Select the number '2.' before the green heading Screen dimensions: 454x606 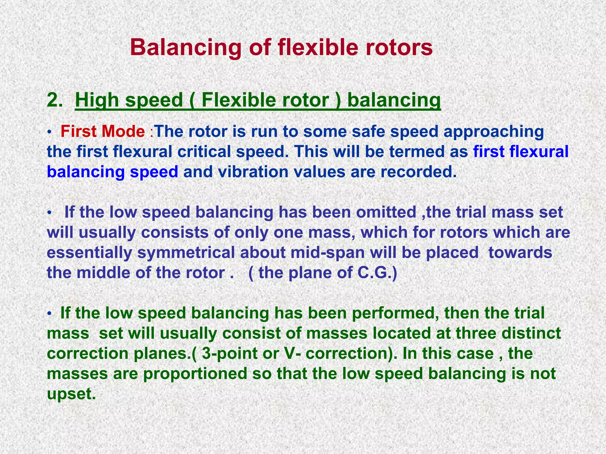point(55,100)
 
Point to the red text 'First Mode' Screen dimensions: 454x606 point(103,131)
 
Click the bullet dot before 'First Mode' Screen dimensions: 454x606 point(50,132)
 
